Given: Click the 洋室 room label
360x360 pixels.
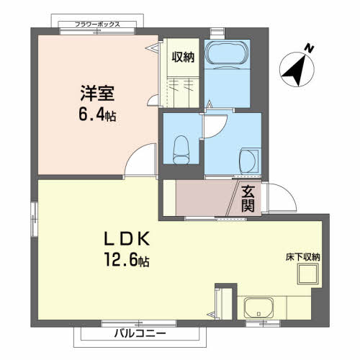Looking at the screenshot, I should [x=96, y=94].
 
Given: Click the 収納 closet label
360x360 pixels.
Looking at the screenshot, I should [x=182, y=57].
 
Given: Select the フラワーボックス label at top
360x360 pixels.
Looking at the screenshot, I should [x=98, y=24].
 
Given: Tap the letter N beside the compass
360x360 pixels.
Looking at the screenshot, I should [x=308, y=48].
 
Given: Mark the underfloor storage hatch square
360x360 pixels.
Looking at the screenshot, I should [x=310, y=275].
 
